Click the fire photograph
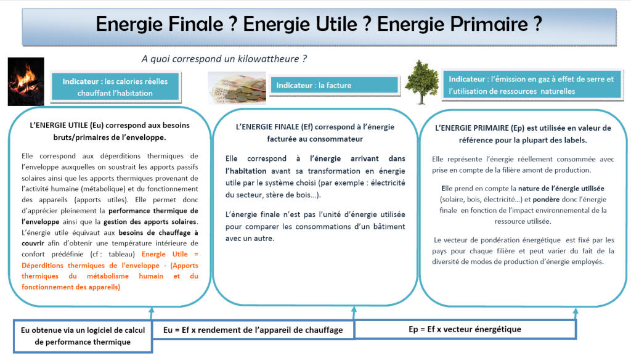[x=26, y=82]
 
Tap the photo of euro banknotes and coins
[x=237, y=88]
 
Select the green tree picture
[x=421, y=82]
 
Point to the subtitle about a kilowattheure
[x=224, y=59]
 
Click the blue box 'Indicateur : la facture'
[x=334, y=85]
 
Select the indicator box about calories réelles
[x=115, y=87]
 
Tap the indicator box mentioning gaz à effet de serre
[x=532, y=85]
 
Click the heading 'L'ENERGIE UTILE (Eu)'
[x=67, y=125]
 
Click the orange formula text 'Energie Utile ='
[x=170, y=254]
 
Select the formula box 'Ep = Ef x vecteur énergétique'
[x=465, y=329]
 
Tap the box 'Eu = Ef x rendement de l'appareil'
[x=253, y=330]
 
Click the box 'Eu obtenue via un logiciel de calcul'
[x=83, y=336]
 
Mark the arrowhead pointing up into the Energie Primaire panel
[x=576, y=311]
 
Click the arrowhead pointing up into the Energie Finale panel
[x=354, y=309]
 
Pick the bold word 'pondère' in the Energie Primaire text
[x=546, y=199]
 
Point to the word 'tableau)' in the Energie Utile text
[x=122, y=254]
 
